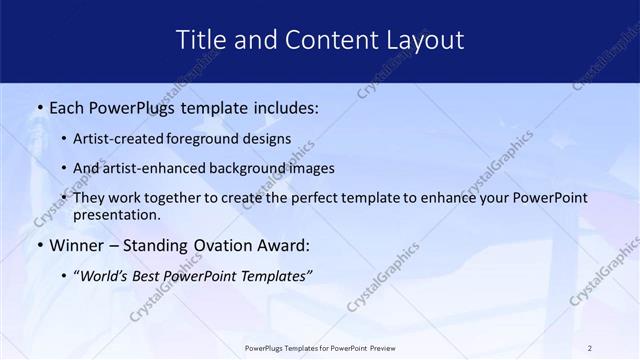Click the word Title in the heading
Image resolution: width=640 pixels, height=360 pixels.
point(200,40)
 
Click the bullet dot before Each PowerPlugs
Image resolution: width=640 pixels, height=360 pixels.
point(39,105)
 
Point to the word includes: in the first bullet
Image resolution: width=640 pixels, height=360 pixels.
point(280,105)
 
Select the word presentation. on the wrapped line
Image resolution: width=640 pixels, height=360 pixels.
point(116,214)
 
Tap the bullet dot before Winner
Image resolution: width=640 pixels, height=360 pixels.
point(39,245)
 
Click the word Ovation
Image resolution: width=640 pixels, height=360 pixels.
point(214,245)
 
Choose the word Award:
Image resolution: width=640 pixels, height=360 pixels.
point(284,245)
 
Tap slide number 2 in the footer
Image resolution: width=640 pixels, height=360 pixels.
point(590,348)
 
